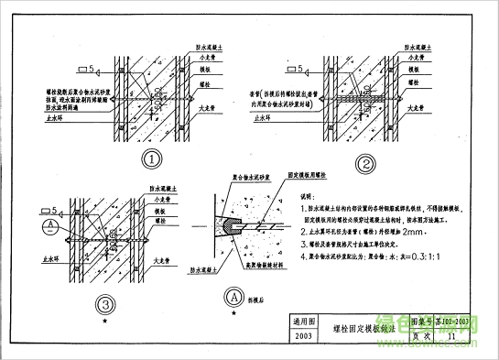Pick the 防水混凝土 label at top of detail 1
coord(212,44)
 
